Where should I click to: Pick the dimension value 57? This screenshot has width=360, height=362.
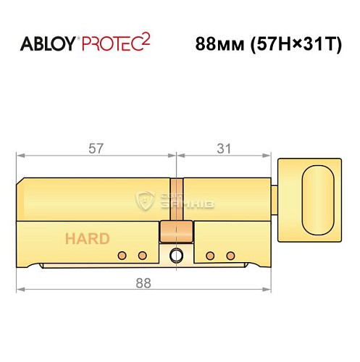[95, 148]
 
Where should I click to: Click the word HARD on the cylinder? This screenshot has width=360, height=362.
[87, 238]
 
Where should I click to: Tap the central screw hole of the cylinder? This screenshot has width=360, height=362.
[175, 256]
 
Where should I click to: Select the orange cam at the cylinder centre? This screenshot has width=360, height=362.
[175, 232]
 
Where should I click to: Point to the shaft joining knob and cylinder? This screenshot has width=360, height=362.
[275, 192]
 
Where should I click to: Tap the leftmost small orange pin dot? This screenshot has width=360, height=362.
[122, 256]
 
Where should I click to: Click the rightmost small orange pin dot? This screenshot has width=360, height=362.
[230, 256]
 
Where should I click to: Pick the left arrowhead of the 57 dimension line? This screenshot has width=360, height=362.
[19, 155]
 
